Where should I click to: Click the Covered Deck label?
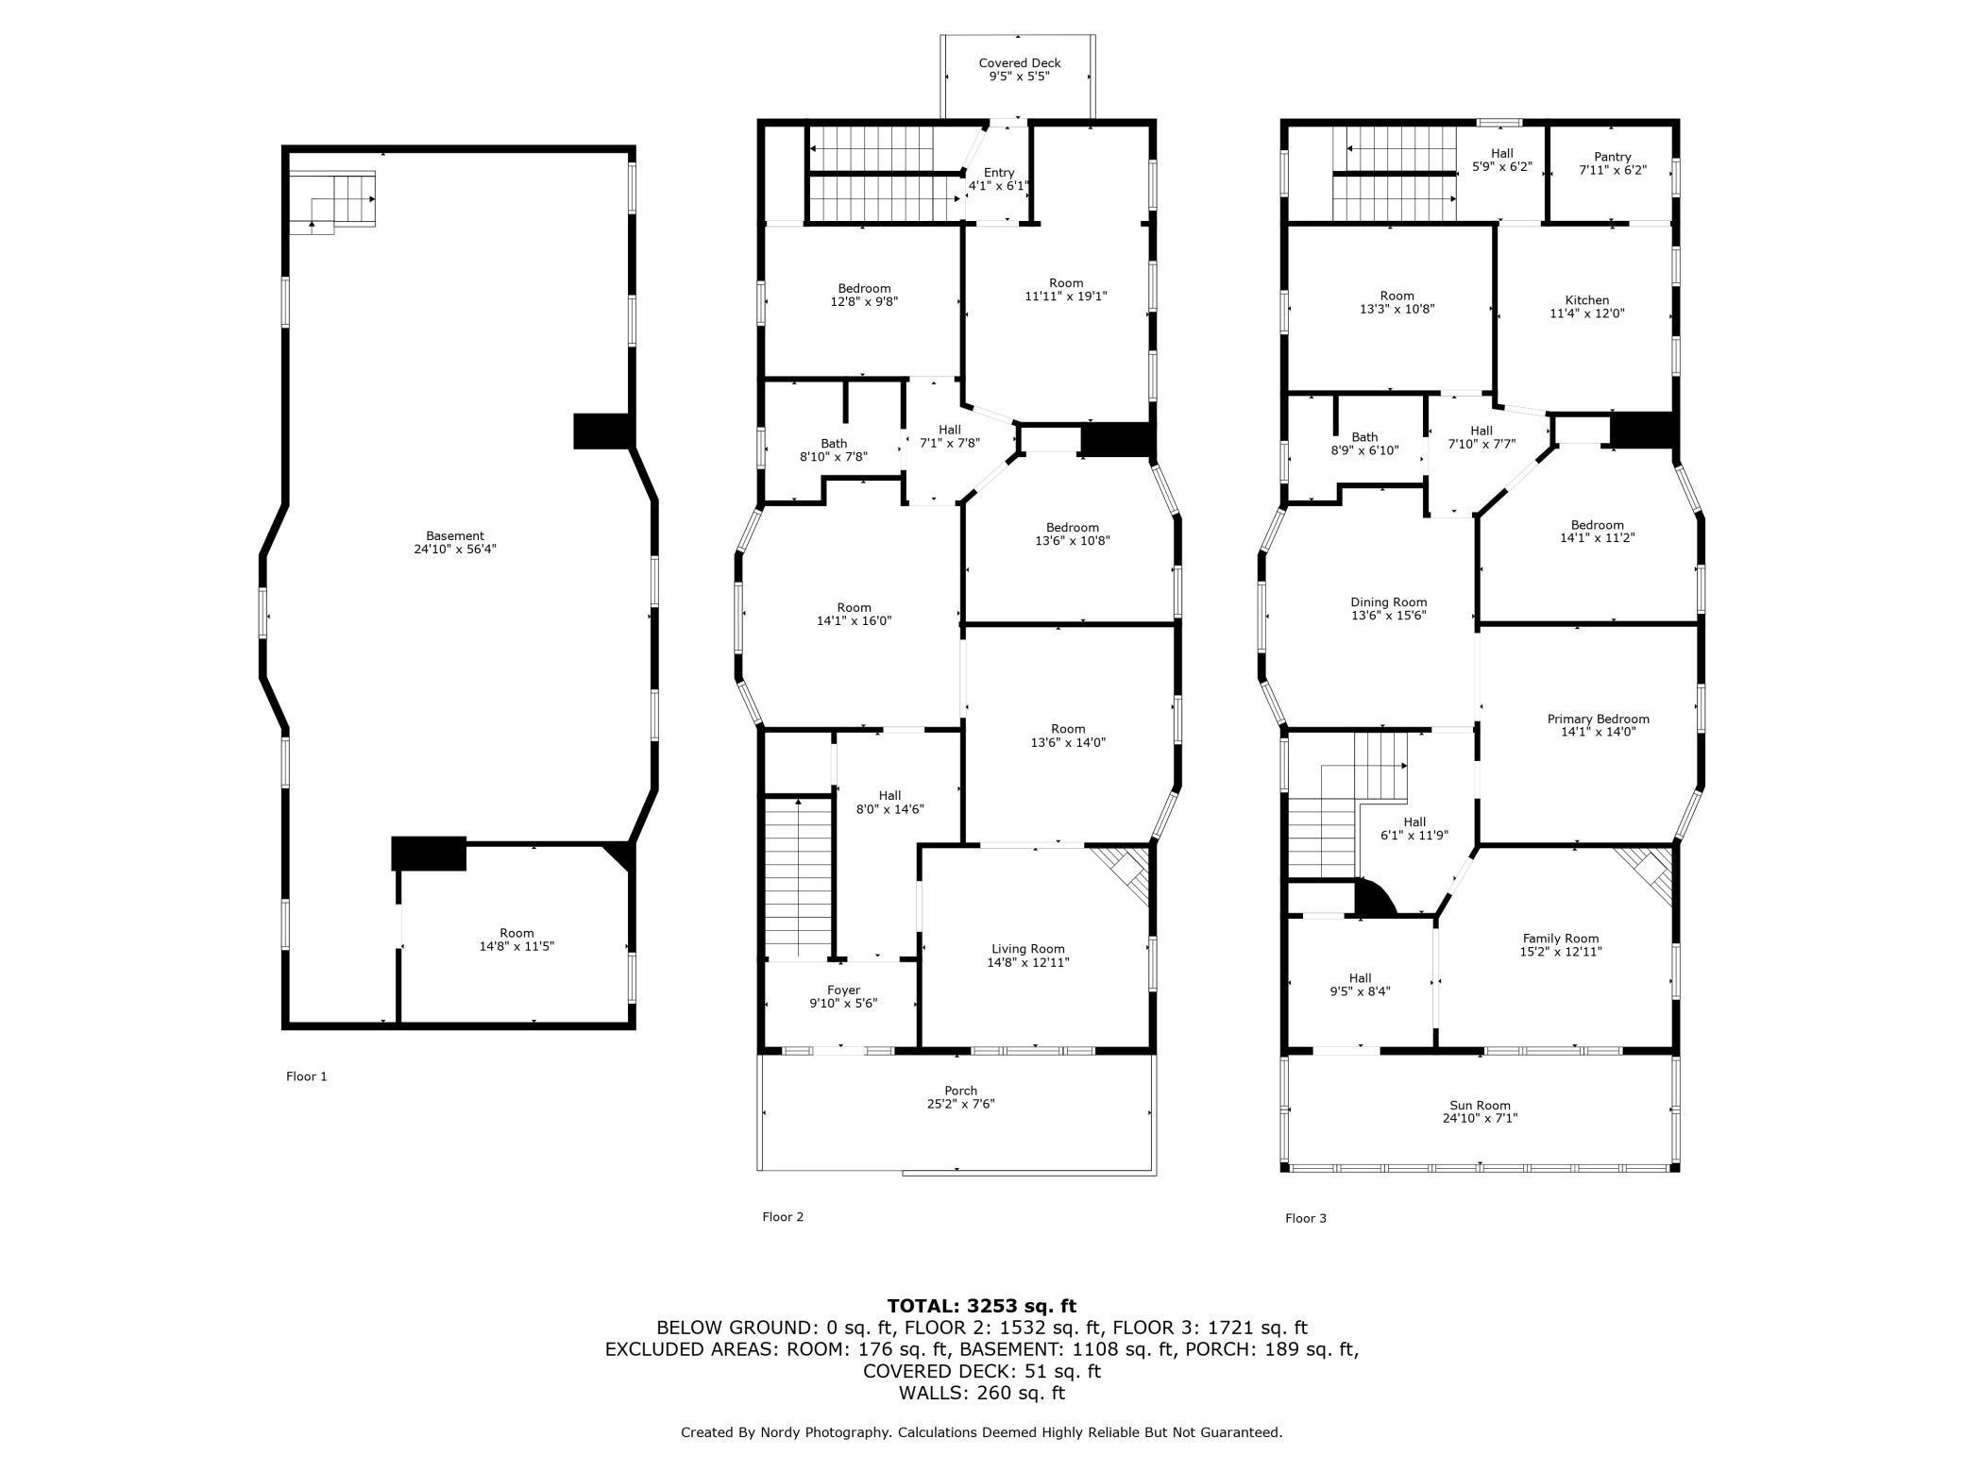coord(1019,63)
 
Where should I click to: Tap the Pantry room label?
coord(1612,157)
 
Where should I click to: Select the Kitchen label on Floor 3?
coord(1586,300)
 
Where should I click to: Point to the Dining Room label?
coord(1388,602)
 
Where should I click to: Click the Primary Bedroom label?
coord(1598,720)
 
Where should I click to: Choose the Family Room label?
coord(1560,939)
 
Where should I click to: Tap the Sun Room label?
coord(1480,1106)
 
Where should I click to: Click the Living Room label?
coord(1027,949)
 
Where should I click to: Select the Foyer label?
coord(843,990)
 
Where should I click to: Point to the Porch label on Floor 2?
coord(960,1091)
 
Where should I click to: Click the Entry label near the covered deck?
coord(998,173)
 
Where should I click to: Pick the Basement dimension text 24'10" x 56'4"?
coord(454,549)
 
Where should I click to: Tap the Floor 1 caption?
coord(306,1076)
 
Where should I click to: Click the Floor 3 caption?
coord(1305,1218)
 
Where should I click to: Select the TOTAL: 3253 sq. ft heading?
coord(981,1307)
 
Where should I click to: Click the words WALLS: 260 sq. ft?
coord(981,1393)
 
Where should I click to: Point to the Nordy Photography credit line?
coord(981,1432)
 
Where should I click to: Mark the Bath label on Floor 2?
coord(833,444)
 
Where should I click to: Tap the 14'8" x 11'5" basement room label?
coord(516,946)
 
